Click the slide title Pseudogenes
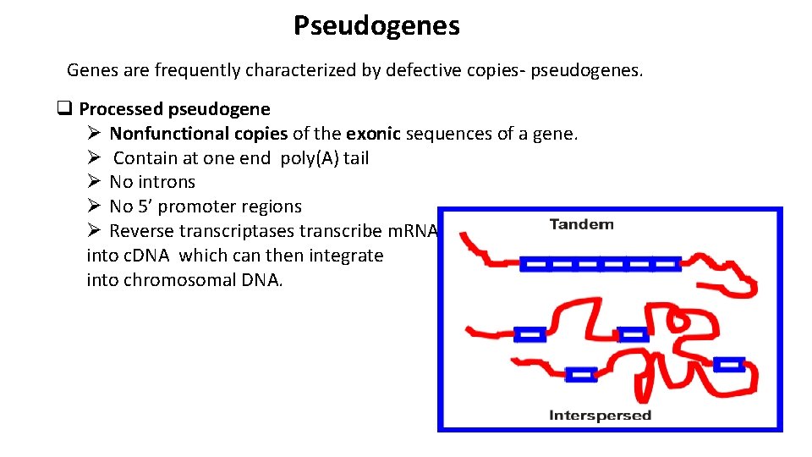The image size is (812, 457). tap(376, 26)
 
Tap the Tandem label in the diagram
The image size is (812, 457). tap(581, 224)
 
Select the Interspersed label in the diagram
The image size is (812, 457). tap(600, 415)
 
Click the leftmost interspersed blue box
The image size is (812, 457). tap(529, 335)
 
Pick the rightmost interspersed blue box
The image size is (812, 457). tap(728, 365)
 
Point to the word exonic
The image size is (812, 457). tap(373, 134)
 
